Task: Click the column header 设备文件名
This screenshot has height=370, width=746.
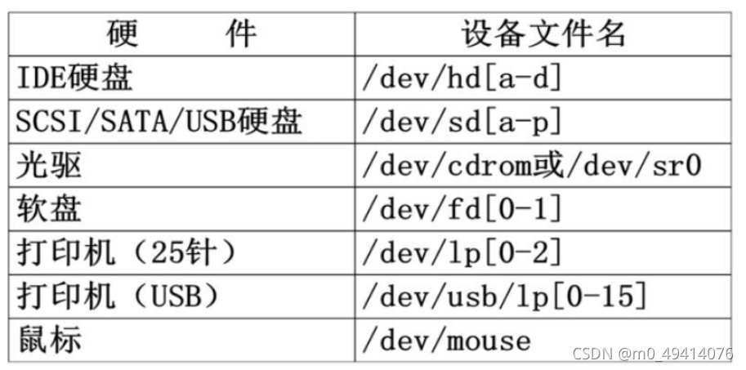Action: [543, 33]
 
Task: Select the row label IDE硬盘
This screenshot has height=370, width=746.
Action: [75, 78]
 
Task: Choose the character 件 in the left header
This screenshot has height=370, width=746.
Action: [240, 33]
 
